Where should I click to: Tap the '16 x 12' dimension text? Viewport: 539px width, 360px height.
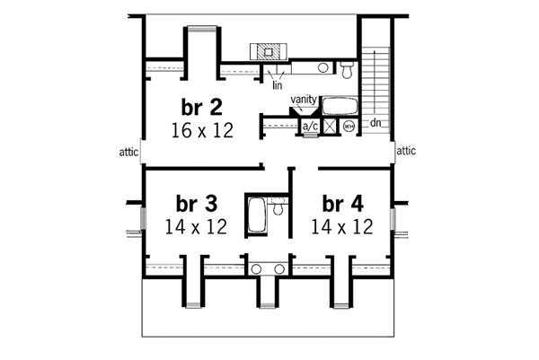(x=201, y=131)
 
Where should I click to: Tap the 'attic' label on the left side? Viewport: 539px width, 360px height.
(x=128, y=153)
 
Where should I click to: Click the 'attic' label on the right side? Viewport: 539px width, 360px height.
(x=407, y=153)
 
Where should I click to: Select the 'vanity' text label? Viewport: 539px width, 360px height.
(x=303, y=101)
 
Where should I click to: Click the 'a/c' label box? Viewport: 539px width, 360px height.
(x=310, y=127)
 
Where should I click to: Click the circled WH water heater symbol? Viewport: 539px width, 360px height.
(x=349, y=127)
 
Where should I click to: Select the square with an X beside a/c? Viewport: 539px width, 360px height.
(x=330, y=127)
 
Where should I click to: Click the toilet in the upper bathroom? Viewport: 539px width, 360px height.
(x=348, y=66)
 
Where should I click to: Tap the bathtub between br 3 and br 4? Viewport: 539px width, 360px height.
(x=256, y=216)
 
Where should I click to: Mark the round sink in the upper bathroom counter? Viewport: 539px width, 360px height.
(x=323, y=67)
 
